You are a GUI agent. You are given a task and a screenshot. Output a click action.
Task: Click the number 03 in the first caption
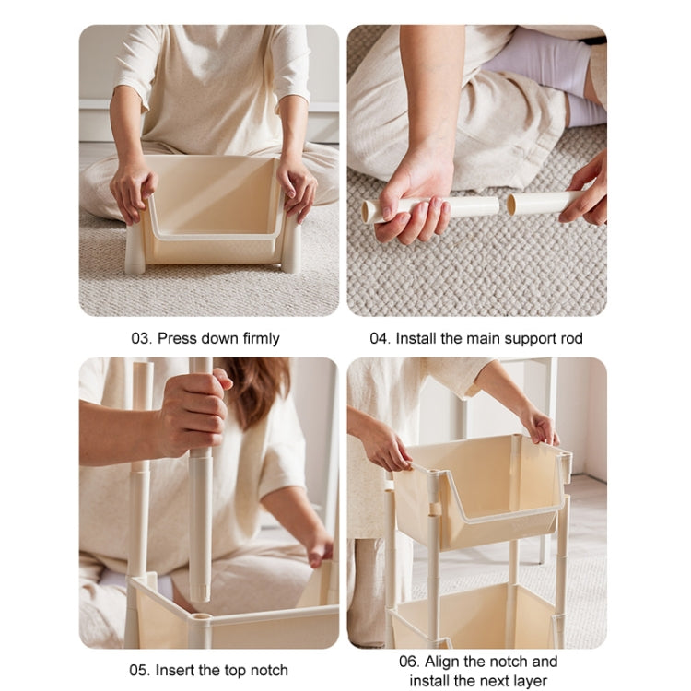[141, 338]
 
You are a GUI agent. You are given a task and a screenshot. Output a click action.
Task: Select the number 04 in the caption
[380, 338]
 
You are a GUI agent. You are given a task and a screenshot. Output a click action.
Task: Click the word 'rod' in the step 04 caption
[571, 338]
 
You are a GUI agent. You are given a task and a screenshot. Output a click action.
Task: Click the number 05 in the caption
[139, 671]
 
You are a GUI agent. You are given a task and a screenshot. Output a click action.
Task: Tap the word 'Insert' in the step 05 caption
[174, 671]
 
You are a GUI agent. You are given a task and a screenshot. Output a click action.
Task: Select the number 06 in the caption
[408, 662]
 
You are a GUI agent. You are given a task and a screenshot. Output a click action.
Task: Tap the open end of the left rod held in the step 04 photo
[366, 212]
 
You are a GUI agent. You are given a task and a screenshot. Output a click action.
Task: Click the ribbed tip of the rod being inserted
[201, 592]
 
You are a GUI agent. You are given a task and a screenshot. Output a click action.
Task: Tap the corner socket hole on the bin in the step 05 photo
[203, 616]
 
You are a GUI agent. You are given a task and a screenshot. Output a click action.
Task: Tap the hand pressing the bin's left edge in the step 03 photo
[132, 192]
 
